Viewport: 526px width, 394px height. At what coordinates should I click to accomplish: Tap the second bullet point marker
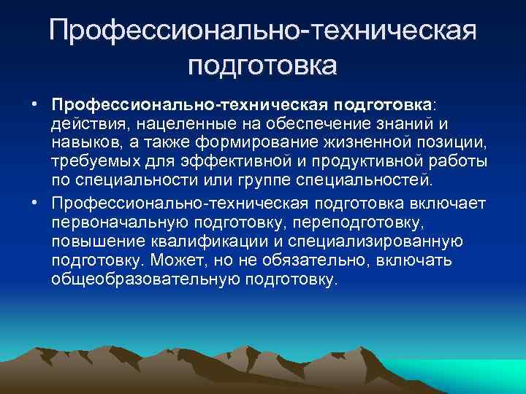coord(35,200)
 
